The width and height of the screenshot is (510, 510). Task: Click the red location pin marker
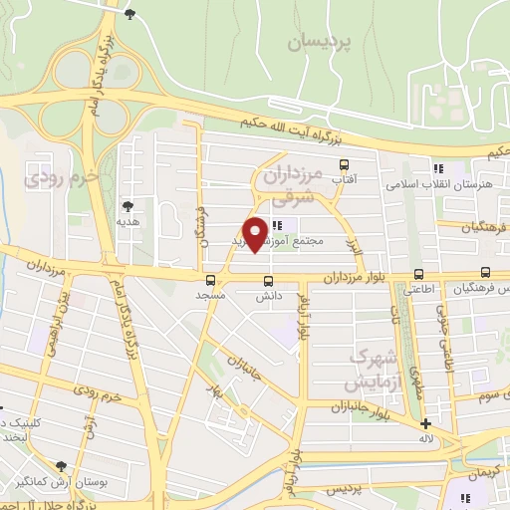[x=256, y=233]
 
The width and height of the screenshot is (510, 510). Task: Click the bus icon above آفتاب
[x=345, y=164]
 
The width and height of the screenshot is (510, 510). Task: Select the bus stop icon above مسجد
[x=210, y=280]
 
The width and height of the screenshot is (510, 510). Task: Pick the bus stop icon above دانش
[x=267, y=280]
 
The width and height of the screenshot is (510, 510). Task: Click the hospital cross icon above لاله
[x=425, y=423]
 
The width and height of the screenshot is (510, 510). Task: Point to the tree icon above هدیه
[x=127, y=206]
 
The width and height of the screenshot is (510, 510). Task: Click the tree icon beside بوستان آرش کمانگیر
[x=62, y=466]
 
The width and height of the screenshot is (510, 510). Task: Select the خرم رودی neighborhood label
[x=56, y=178]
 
